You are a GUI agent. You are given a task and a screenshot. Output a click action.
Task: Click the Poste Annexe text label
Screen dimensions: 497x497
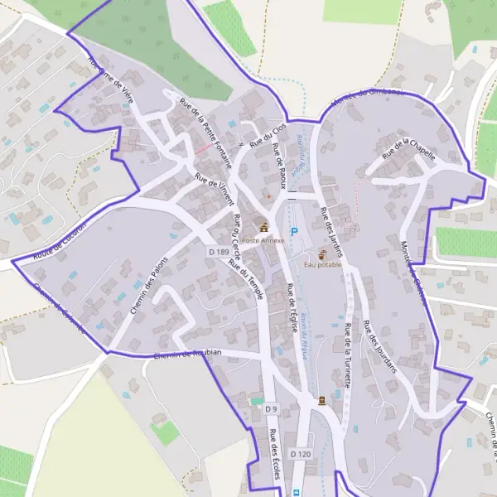click(263, 240)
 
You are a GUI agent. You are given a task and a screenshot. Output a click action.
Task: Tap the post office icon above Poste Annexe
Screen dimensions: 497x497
click(264, 226)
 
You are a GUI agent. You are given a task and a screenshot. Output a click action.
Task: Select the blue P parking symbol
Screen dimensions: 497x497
click(293, 232)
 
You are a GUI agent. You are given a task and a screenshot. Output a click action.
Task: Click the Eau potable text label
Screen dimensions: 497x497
click(322, 264)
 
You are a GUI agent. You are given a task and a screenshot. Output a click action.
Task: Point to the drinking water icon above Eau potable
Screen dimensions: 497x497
click(322, 253)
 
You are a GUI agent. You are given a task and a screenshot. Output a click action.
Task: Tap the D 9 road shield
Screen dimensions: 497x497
click(270, 409)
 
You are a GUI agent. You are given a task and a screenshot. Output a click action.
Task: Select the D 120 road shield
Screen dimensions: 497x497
click(301, 454)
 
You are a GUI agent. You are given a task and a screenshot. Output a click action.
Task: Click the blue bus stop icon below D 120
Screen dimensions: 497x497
click(295, 492)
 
